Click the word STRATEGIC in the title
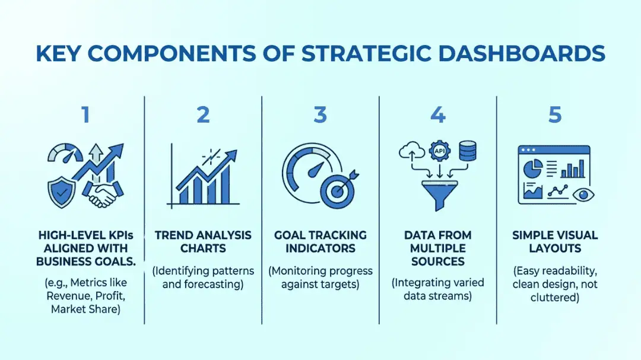point(366,53)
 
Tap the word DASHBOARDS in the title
point(522,53)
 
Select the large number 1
point(85,114)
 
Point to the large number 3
point(320,114)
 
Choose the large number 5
point(555,114)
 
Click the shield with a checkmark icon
point(61,192)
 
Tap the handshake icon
point(103,193)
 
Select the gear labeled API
point(439,151)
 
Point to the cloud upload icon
point(412,151)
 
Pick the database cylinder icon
point(467,151)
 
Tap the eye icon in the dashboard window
point(583,195)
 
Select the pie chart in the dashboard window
point(533,168)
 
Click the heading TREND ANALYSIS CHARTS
point(203,242)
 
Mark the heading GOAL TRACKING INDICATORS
point(320,242)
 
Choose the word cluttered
point(555,297)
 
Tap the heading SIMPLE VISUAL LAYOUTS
point(555,242)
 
